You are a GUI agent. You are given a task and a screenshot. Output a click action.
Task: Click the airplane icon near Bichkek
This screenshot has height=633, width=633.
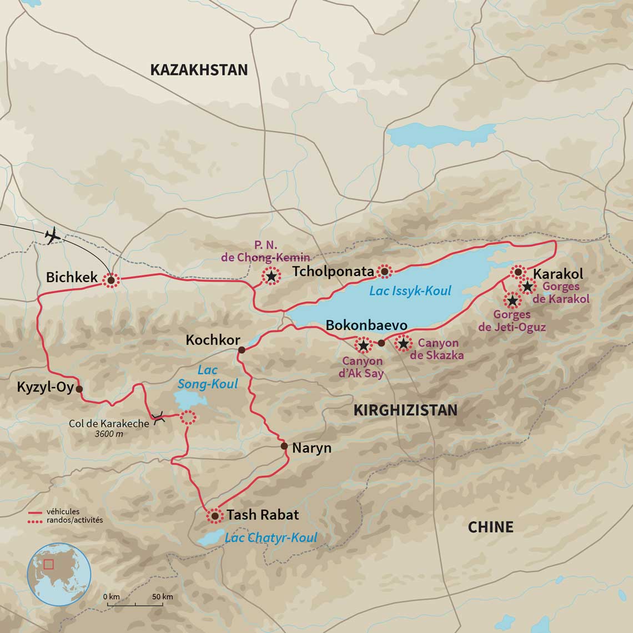coord(53,235)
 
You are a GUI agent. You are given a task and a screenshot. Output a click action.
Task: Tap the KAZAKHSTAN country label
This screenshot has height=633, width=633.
coord(199,70)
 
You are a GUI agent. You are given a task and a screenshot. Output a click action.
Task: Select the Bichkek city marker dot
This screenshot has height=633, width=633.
coord(111,281)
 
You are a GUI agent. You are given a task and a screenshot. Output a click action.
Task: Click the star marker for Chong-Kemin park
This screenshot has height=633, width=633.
coord(271,276)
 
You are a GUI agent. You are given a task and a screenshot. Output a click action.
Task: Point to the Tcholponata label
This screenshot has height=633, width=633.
coord(333,272)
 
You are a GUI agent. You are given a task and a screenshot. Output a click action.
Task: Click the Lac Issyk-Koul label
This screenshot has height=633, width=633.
coord(410,291)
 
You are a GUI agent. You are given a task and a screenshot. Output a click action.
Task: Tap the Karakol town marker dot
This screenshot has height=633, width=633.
coord(518,272)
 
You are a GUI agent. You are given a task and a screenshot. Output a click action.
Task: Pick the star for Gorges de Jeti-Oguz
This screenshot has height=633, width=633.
coord(512,301)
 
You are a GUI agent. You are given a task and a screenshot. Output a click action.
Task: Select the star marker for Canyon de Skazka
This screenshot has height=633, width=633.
coord(403,344)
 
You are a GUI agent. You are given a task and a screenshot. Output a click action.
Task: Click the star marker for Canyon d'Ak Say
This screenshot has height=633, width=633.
coord(363,345)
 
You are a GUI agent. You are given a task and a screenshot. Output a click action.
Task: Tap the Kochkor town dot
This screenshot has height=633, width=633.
coord(242,350)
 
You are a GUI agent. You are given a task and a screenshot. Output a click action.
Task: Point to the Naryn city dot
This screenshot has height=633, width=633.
coord(284,446)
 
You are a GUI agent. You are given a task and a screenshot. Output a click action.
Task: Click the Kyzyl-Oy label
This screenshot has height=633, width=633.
coord(45,387)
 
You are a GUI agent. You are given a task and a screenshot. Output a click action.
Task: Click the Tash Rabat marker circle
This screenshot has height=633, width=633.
coord(214,516)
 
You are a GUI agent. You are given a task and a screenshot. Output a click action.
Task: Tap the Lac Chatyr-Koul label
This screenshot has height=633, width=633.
coord(271,537)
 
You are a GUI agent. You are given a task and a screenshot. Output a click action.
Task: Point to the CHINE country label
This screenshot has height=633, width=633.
coord(490,527)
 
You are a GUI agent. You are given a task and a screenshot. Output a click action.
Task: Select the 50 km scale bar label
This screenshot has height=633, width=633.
coord(163,597)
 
